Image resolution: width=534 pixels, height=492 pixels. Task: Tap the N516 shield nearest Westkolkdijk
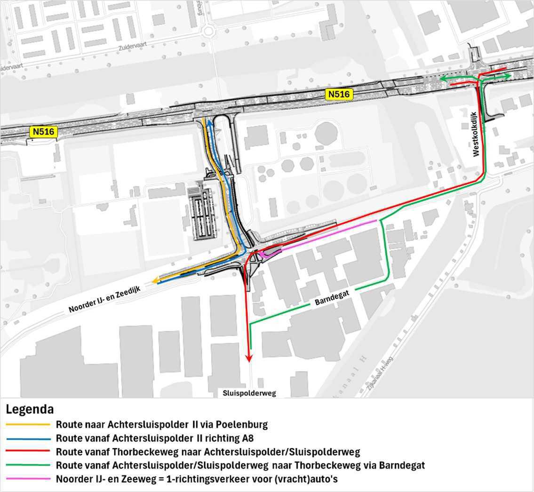(339, 95)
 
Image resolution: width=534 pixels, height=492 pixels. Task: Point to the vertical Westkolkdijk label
(475, 134)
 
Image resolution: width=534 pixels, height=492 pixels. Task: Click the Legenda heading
(30, 409)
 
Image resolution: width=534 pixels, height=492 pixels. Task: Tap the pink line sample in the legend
(28, 479)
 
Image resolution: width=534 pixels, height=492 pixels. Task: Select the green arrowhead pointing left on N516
(442, 80)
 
